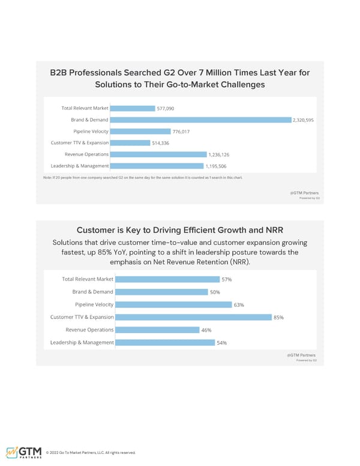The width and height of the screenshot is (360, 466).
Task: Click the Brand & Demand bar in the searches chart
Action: [200, 120]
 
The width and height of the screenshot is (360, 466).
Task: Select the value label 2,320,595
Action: [303, 120]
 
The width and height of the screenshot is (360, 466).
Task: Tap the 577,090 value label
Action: [165, 109]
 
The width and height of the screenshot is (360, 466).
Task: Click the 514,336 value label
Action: [161, 143]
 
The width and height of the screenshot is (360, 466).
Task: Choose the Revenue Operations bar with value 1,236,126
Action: [158, 154]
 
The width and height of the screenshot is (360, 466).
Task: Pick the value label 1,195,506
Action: [217, 166]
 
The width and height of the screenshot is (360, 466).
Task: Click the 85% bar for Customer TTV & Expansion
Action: [193, 317]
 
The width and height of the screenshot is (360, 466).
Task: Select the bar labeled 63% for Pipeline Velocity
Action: [173, 304]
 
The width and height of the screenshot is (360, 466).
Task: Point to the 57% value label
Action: [227, 279]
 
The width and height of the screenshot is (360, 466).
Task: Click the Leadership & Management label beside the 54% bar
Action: [82, 342]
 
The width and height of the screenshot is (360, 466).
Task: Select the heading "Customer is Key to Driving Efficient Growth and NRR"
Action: [180, 230]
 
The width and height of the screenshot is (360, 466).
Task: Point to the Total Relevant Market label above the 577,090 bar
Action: [85, 109]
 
